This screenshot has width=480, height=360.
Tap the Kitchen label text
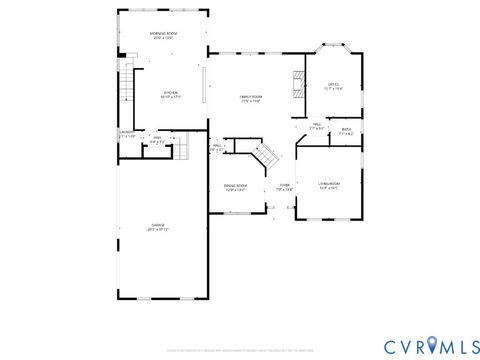pyautogui.click(x=170, y=95)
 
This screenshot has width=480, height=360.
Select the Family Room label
pyautogui.click(x=250, y=99)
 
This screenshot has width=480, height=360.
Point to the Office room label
pyautogui.click(x=333, y=86)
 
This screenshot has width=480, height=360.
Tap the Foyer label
pyautogui.click(x=284, y=187)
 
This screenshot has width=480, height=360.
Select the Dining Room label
pyautogui.click(x=234, y=187)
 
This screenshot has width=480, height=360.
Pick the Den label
pyautogui.click(x=157, y=141)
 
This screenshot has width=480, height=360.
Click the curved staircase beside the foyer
pyautogui.click(x=266, y=156)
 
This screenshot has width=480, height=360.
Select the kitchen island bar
pyautogui.click(x=205, y=84)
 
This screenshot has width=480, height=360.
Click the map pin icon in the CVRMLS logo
pyautogui.click(x=430, y=345)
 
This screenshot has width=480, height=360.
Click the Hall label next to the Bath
pyautogui.click(x=316, y=127)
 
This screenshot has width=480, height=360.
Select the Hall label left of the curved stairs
pyautogui.click(x=217, y=147)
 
